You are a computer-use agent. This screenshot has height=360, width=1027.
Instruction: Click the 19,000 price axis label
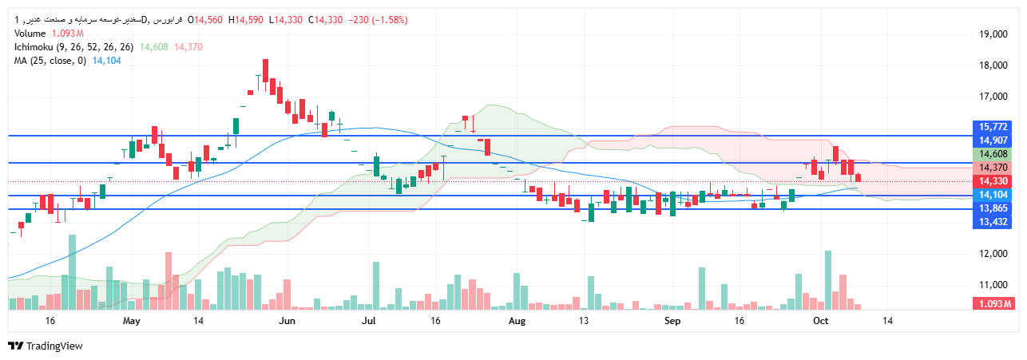993,34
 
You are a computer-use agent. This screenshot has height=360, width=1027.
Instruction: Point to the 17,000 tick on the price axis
993,97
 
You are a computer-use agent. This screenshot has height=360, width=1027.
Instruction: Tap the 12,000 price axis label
993,254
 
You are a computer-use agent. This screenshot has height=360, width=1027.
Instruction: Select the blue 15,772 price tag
993,127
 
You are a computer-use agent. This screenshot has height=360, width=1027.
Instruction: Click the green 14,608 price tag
993,154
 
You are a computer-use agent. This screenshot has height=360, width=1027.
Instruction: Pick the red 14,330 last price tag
993,181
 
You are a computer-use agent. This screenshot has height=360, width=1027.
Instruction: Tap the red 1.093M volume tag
993,304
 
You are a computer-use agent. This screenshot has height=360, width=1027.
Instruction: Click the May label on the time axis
133,321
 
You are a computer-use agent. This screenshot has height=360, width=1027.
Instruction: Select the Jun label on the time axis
287,321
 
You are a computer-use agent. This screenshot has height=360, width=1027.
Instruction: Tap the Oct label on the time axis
819,321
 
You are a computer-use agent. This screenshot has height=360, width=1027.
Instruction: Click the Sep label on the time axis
672,321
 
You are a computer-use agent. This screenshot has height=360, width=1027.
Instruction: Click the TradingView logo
46,346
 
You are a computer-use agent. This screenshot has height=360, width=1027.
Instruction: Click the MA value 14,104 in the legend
106,61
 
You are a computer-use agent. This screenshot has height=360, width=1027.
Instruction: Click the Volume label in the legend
30,34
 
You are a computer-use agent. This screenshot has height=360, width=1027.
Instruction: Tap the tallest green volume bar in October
828,279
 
